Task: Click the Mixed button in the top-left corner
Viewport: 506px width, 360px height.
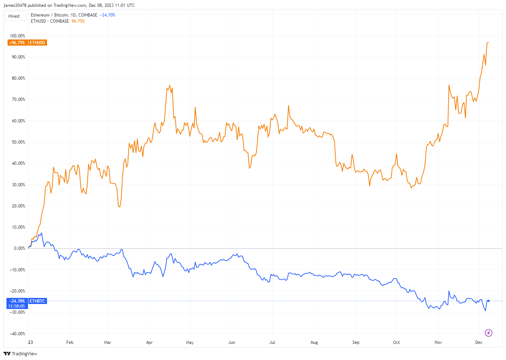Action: click(14, 16)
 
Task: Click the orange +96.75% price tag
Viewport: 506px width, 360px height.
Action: click(17, 43)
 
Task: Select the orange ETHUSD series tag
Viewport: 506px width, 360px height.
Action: click(37, 43)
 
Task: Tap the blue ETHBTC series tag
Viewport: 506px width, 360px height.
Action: click(37, 301)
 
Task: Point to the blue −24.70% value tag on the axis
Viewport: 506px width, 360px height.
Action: click(17, 301)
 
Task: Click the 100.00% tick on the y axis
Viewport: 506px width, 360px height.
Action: click(18, 36)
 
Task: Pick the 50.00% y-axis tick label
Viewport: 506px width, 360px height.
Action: click(18, 142)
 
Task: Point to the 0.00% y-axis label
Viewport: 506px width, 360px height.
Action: click(19, 248)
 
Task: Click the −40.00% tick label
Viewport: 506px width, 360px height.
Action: click(18, 334)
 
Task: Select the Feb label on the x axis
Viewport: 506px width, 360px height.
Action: click(70, 342)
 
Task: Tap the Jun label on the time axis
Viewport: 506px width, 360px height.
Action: click(232, 342)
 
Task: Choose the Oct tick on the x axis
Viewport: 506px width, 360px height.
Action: click(396, 342)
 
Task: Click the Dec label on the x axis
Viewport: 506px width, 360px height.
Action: click(479, 342)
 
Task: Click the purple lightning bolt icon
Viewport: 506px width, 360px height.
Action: click(488, 333)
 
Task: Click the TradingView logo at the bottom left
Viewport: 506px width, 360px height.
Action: click(21, 354)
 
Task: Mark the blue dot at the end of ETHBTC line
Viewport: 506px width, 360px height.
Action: click(488, 301)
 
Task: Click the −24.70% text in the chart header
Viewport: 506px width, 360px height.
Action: click(108, 15)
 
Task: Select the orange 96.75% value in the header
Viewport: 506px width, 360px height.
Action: click(78, 21)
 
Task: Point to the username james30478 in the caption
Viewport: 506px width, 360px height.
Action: click(15, 5)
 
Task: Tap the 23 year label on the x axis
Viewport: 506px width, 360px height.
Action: click(31, 342)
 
